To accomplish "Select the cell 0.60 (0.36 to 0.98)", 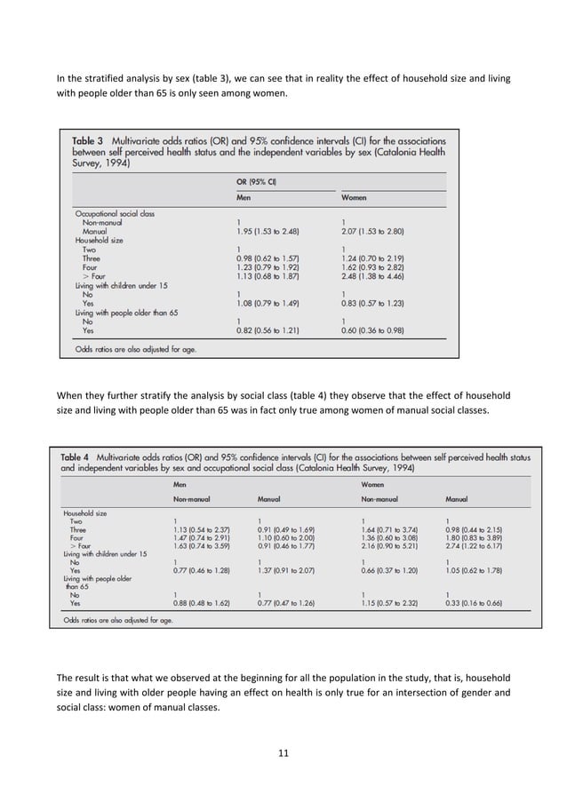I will [x=372, y=331].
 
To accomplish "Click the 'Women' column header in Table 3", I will [x=355, y=197].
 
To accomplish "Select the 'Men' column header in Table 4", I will [x=181, y=485].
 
